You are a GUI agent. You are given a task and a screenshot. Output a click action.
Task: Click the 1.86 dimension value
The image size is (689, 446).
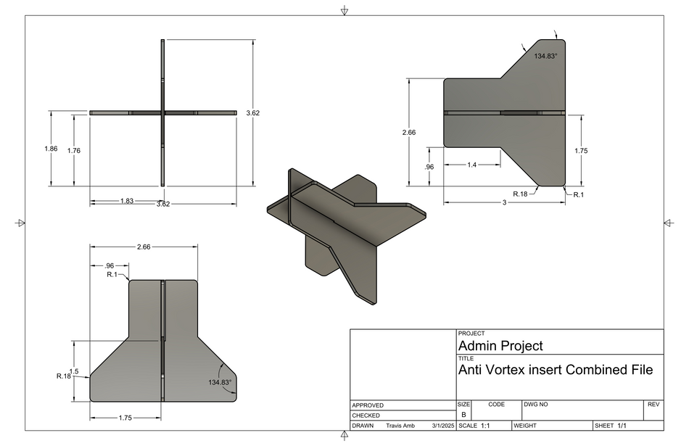coord(51,149)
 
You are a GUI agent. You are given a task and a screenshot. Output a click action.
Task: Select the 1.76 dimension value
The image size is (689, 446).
coord(74,151)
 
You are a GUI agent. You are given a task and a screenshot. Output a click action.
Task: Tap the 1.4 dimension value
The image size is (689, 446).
coord(472,165)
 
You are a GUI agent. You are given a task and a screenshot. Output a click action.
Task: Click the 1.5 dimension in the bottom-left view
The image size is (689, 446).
coord(74,371)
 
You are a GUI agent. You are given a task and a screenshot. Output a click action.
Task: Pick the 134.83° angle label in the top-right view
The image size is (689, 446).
coord(546,56)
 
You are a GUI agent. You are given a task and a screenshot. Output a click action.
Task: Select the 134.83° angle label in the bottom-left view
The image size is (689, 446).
coord(220,382)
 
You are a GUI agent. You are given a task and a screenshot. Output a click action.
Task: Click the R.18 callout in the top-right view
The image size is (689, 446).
coord(520,194)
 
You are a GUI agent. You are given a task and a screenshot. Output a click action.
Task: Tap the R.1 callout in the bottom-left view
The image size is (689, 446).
coord(112,275)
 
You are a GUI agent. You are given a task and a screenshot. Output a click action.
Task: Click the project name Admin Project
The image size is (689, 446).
coord(500,346)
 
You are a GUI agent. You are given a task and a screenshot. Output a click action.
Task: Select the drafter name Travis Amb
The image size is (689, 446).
coord(400,426)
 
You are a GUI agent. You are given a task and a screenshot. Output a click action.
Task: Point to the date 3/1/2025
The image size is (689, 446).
coord(443,426)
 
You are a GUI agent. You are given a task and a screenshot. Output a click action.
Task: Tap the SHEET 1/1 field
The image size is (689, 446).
coord(610,426)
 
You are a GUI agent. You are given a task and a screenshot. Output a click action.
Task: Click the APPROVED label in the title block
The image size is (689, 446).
coord(368,405)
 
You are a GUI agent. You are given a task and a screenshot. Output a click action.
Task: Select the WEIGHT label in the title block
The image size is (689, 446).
coord(527,426)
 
